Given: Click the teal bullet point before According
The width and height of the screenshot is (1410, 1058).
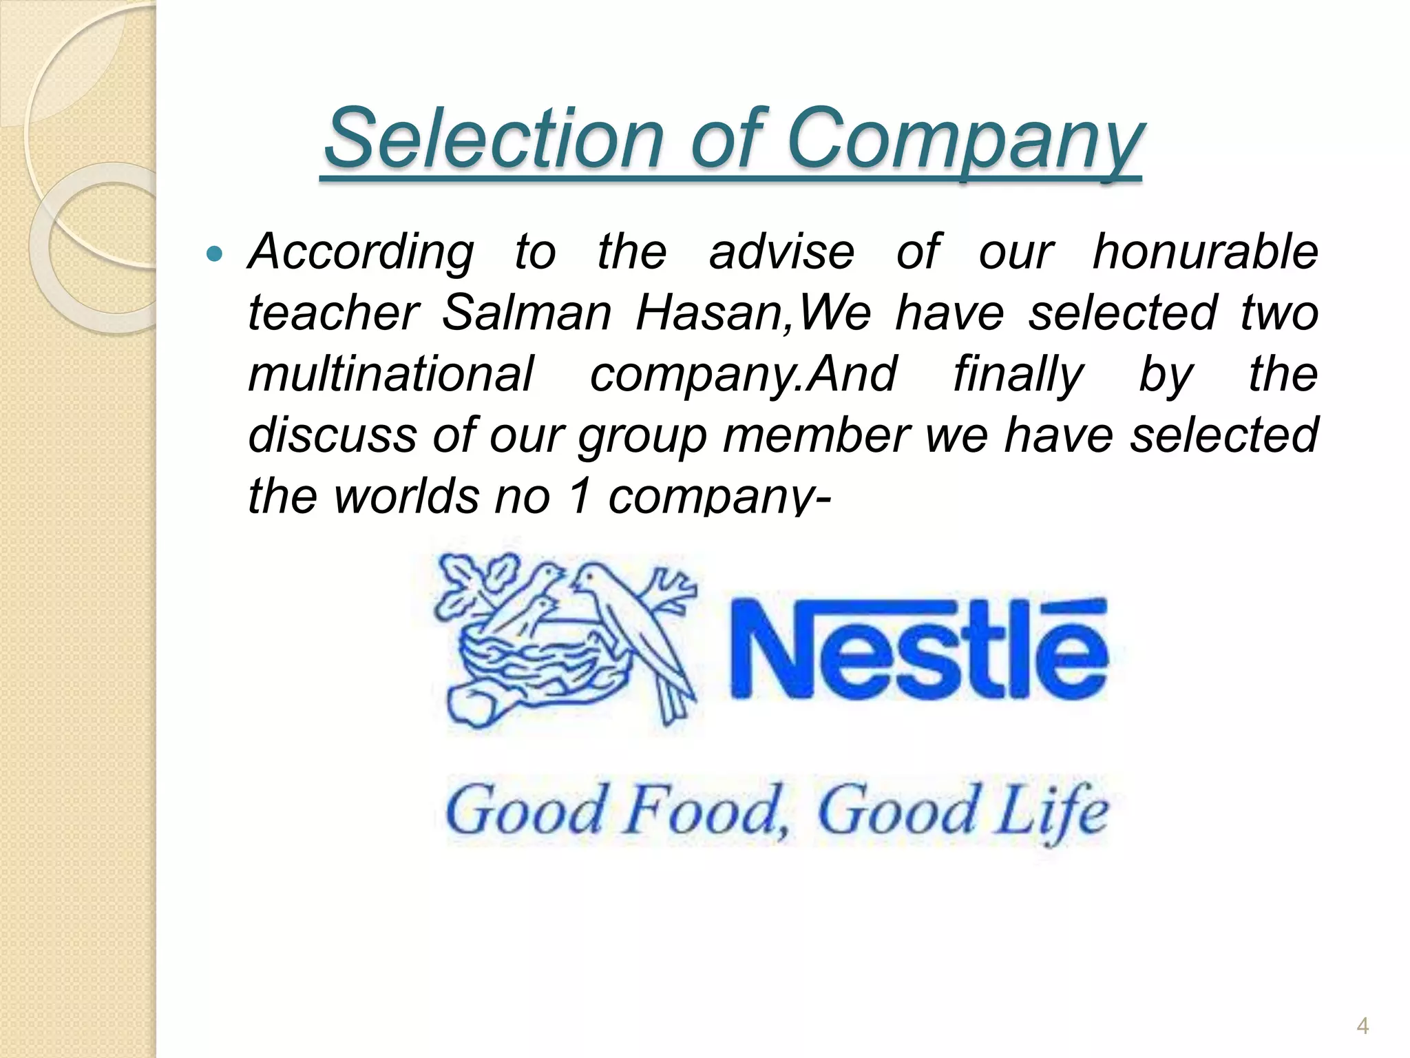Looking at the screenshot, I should [215, 255].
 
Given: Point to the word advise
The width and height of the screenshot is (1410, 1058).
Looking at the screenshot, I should [781, 251].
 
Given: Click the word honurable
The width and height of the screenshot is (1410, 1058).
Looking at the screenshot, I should [1206, 251].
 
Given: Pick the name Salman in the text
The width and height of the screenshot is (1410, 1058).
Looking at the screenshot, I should [526, 313].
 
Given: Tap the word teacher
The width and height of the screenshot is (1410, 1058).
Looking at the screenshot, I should [333, 313].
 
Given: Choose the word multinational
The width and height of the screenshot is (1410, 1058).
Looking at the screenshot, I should [390, 374].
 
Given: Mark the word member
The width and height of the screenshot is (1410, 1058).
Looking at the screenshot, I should [816, 435].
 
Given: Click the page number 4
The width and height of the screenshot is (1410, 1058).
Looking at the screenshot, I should [1362, 1027].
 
